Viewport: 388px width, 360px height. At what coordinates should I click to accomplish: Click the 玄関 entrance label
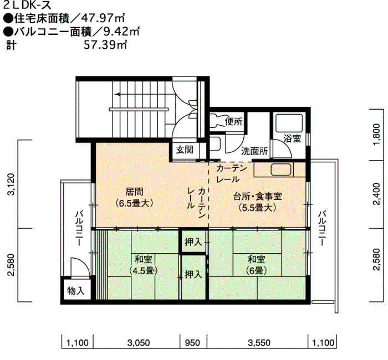(185, 150)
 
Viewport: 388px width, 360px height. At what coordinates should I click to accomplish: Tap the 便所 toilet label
(233, 121)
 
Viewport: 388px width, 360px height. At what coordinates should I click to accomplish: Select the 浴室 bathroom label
(292, 138)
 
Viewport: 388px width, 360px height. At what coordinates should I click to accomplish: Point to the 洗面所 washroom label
(254, 151)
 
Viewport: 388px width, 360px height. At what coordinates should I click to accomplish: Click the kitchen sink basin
(282, 170)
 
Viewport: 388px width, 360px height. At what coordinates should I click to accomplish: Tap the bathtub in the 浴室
(289, 123)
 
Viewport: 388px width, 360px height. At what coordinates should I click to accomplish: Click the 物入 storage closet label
(76, 291)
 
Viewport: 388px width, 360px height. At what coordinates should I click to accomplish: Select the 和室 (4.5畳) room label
(143, 265)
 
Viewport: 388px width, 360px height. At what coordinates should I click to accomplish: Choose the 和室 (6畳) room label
(256, 265)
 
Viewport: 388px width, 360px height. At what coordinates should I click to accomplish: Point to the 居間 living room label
(134, 197)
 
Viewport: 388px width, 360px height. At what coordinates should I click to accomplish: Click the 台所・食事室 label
(257, 202)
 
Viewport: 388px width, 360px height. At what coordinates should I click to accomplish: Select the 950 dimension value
(192, 343)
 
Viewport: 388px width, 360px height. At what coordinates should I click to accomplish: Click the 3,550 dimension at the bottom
(259, 343)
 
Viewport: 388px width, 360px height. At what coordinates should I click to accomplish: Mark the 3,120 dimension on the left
(12, 184)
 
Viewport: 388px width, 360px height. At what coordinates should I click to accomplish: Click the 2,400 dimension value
(376, 194)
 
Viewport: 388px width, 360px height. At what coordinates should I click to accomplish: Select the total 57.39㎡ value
(106, 45)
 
